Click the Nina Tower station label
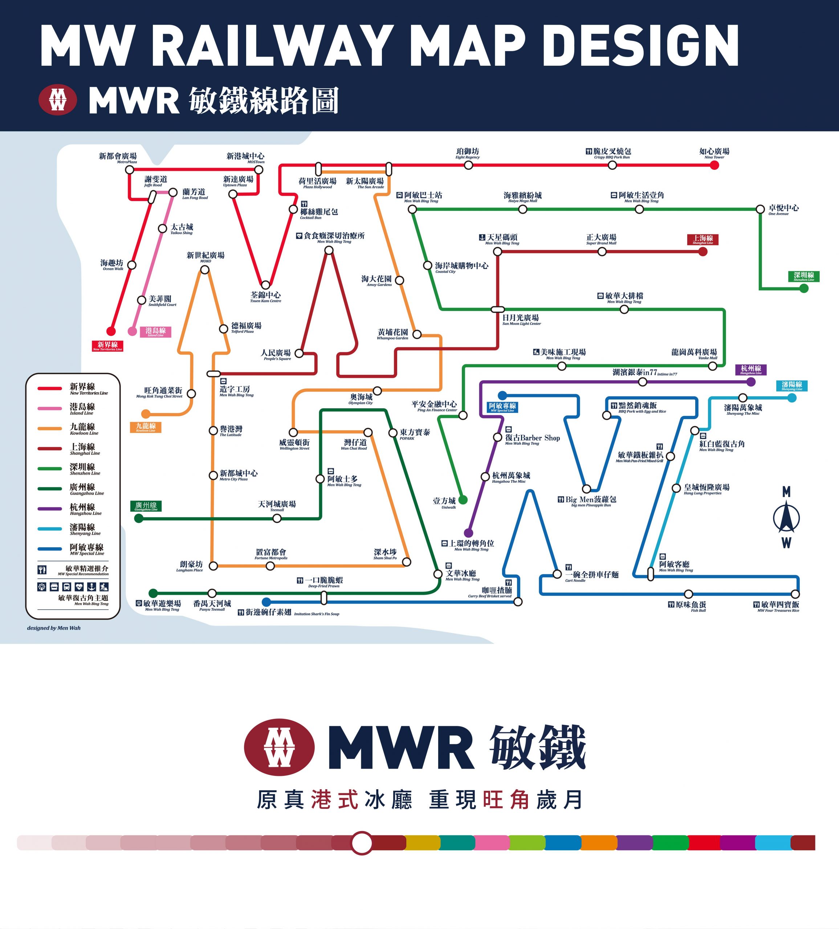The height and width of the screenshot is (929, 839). [x=714, y=153]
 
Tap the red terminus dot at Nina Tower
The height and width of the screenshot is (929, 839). [x=714, y=165]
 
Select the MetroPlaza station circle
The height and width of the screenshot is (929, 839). [x=130, y=169]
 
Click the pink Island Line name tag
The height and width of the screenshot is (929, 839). [x=155, y=332]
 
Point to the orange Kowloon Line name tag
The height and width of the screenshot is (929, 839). [x=146, y=427]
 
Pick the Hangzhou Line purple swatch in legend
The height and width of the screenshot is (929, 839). [x=50, y=509]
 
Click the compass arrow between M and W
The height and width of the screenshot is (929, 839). [x=786, y=517]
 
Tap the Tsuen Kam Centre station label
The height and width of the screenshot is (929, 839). [x=265, y=297]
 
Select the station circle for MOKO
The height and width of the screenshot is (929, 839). [x=205, y=270]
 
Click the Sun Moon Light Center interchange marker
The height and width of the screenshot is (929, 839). [x=497, y=309]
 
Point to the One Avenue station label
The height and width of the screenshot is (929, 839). [x=783, y=210]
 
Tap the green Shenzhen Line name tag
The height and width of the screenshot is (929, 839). [x=803, y=277]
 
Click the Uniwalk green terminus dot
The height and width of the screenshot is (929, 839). [x=463, y=500]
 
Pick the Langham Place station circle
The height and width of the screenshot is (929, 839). [x=213, y=565]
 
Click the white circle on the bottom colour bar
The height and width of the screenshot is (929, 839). [x=362, y=843]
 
